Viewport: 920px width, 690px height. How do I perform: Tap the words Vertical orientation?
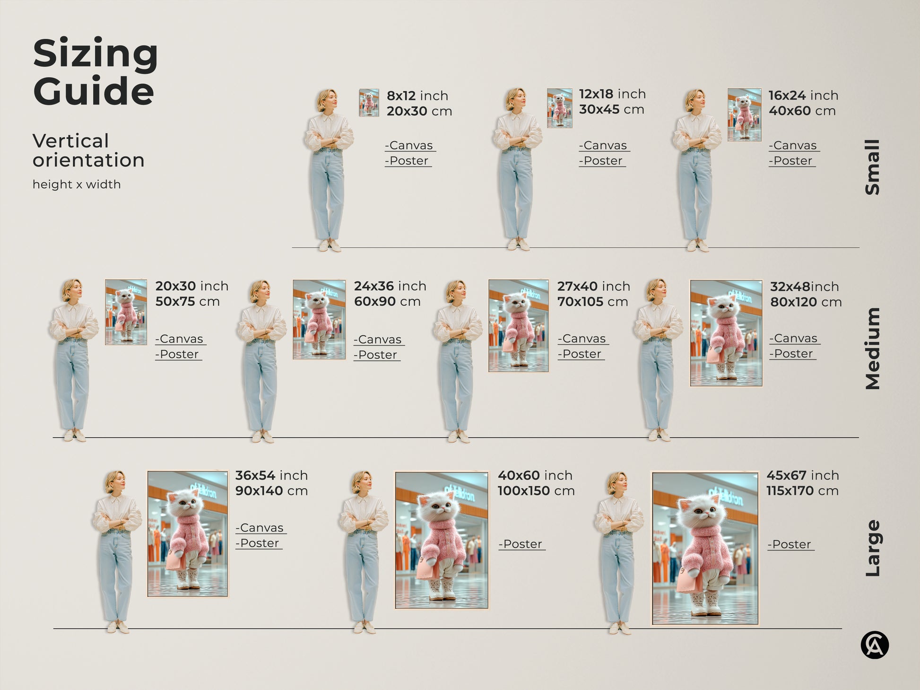coord(88,150)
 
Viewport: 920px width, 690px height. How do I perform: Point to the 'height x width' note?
coord(77,184)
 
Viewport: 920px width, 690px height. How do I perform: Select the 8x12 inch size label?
coord(417,96)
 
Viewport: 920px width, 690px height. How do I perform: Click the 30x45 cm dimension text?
coord(611,110)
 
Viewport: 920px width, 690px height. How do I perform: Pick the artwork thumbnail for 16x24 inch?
coord(744,115)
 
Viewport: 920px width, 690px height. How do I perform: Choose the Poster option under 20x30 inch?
coord(178,354)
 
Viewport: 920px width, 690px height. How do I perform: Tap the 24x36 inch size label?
coord(390,286)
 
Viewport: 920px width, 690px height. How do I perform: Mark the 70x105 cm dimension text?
coord(592,302)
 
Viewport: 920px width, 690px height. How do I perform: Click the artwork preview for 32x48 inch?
coord(726,333)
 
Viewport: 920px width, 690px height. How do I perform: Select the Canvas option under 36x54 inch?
coord(260,528)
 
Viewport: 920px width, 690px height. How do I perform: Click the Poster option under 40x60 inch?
coord(521,544)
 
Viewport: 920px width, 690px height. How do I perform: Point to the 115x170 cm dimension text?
coord(802,491)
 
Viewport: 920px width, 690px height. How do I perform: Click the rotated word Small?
coord(872,167)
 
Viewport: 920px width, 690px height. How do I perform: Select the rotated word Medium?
coord(872,349)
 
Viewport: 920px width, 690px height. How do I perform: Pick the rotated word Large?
coord(872,548)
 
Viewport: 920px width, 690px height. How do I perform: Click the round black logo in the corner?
coord(875,645)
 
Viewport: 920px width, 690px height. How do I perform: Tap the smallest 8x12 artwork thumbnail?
coord(369,103)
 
